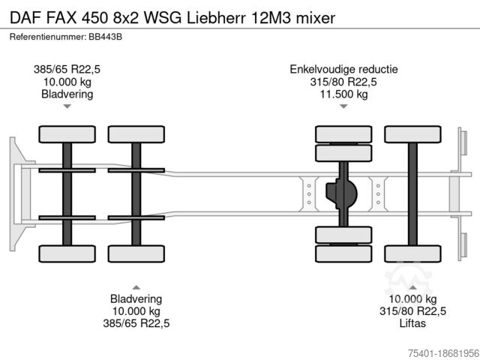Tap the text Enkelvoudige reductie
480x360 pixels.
(343, 69)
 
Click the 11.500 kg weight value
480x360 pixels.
(343, 94)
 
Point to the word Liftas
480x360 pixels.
(412, 323)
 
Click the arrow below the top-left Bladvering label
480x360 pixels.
(67, 106)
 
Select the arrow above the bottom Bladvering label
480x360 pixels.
(136, 286)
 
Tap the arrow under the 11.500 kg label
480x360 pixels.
(343, 106)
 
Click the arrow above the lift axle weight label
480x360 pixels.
(412, 286)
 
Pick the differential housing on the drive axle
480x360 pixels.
(341, 194)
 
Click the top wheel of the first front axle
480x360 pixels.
(67, 134)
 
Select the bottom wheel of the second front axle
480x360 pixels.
(136, 253)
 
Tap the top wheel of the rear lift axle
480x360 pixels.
(412, 134)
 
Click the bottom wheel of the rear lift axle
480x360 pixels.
(412, 253)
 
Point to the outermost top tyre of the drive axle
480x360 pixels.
(343, 134)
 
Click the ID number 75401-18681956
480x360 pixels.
(439, 352)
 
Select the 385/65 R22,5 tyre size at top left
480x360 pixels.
(67, 69)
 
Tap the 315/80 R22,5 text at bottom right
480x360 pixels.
(412, 311)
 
